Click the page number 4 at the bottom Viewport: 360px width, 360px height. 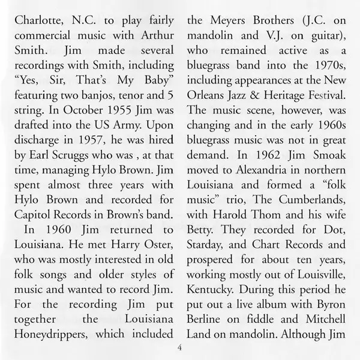coord(179,349)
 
